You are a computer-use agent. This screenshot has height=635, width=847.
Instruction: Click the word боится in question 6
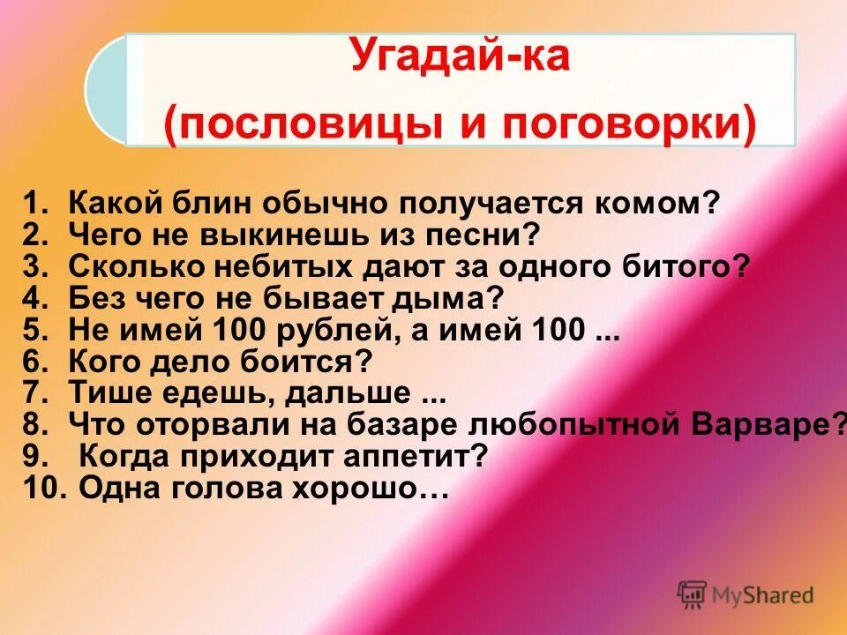point(312,362)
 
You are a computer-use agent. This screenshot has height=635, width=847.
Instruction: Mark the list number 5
point(33,330)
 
